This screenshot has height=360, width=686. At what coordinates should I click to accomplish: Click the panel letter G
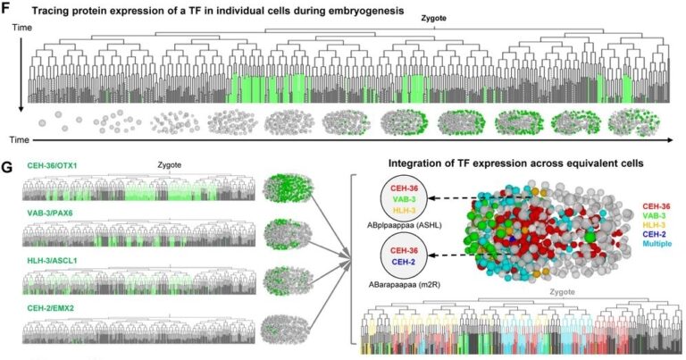pyautogui.click(x=8, y=167)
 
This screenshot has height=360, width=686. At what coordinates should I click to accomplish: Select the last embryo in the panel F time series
pyautogui.click(x=630, y=121)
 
